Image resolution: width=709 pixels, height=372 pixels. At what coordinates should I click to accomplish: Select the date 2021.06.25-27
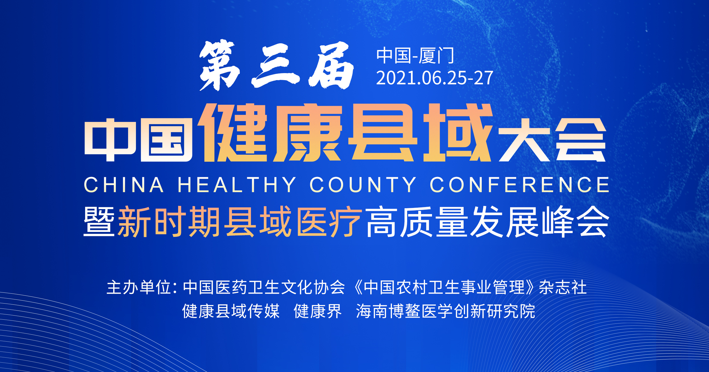[435, 78]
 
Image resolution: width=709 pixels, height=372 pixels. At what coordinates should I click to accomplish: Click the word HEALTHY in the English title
[237, 185]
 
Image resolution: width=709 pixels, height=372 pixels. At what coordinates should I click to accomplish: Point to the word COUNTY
[363, 185]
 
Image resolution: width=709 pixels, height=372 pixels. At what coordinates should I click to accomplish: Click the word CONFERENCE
[519, 185]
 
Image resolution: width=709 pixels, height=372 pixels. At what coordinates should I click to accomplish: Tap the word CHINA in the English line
[124, 185]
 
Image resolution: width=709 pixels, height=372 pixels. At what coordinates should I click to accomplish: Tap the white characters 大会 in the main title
[552, 140]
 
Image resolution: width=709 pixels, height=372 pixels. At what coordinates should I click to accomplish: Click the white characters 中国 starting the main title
[138, 140]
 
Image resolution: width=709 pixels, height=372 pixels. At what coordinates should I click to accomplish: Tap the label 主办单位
[139, 287]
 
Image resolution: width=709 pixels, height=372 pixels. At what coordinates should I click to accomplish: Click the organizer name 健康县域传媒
[231, 311]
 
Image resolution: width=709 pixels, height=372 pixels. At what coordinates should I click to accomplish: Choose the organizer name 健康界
[318, 311]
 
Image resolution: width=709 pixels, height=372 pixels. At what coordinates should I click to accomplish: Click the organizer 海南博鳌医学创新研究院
[446, 311]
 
